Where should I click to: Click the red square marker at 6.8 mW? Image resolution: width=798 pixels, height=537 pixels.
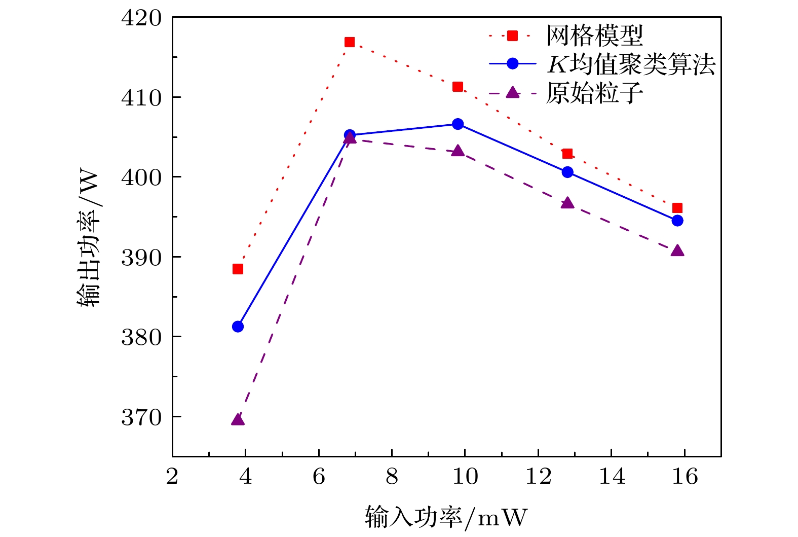(350, 42)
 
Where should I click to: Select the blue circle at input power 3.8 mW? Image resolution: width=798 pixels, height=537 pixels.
(238, 327)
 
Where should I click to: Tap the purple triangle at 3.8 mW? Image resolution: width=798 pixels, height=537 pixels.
(238, 420)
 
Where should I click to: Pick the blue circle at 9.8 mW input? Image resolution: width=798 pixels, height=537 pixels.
(458, 124)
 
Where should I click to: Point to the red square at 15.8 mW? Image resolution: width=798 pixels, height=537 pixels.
(677, 208)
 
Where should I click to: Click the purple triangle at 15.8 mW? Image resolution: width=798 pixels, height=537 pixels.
(677, 251)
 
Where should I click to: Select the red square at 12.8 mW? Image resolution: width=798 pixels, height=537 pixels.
(567, 154)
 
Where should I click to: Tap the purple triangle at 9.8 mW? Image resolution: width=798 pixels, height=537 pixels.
(458, 151)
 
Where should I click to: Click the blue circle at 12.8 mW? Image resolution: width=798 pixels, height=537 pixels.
(567, 172)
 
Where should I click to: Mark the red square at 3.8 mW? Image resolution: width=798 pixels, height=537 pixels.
(238, 269)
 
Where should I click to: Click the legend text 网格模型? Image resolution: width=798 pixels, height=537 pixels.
(595, 35)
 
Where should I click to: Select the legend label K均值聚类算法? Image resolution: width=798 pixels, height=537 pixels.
(631, 64)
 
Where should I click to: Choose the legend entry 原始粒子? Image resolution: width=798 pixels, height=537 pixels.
(595, 93)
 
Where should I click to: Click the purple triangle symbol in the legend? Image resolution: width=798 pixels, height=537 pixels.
(513, 92)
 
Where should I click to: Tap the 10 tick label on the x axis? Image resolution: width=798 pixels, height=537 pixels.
(465, 477)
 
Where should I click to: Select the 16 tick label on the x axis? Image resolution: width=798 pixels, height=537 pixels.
(685, 477)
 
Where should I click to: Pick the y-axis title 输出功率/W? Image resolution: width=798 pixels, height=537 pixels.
(89, 238)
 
